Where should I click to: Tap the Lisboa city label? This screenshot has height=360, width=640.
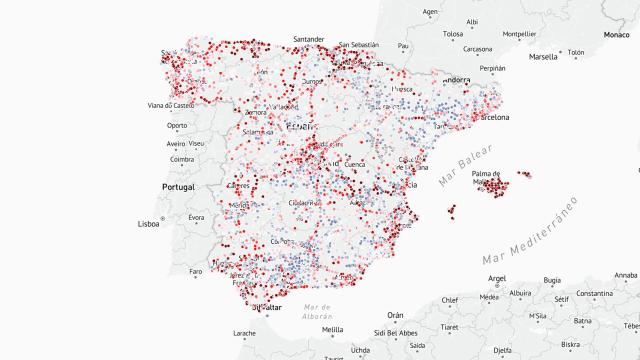(148, 225)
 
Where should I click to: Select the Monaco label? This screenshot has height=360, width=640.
(616, 35)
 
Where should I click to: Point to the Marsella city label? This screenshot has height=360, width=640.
(542, 57)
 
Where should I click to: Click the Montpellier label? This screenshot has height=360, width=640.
(518, 33)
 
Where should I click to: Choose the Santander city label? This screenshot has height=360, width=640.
(309, 40)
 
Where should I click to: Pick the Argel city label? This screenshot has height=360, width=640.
(497, 278)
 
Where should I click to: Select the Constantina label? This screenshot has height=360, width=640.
(606, 294)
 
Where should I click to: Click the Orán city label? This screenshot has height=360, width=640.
(395, 315)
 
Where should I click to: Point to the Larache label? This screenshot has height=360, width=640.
(244, 332)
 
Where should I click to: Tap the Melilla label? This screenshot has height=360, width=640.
(332, 329)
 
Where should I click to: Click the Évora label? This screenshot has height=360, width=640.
(196, 217)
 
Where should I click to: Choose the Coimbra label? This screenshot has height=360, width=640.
(182, 158)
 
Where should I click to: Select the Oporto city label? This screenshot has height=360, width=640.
(177, 125)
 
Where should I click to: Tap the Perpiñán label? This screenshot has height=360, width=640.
(492, 68)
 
